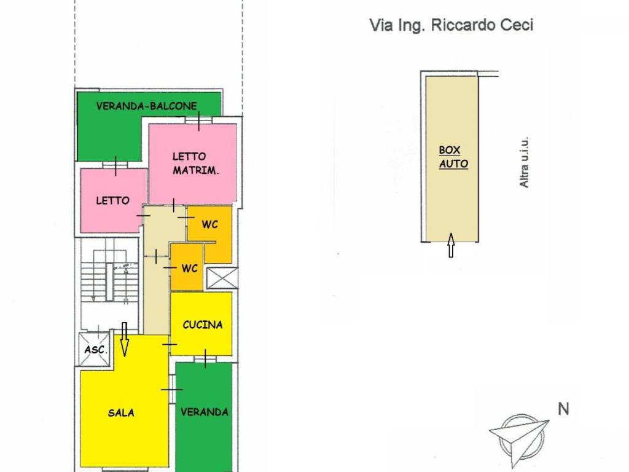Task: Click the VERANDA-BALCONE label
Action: coord(146,106)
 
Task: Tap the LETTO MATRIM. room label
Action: coord(195,163)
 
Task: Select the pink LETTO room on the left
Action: coord(113,200)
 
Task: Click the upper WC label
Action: coord(209,224)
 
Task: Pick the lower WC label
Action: coord(189,269)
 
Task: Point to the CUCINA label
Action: coord(202,324)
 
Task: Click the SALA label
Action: coord(121,412)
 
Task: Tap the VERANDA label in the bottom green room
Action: coord(205,412)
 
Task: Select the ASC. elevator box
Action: coord(95,349)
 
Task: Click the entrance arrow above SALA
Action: coord(124,339)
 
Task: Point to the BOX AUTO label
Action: coord(453,157)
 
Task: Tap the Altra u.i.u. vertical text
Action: coord(524,162)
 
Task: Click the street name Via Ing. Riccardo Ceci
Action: coord(451,25)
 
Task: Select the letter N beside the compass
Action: coord(563,408)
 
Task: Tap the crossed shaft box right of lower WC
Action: coord(221,278)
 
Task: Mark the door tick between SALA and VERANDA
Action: coord(171,390)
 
